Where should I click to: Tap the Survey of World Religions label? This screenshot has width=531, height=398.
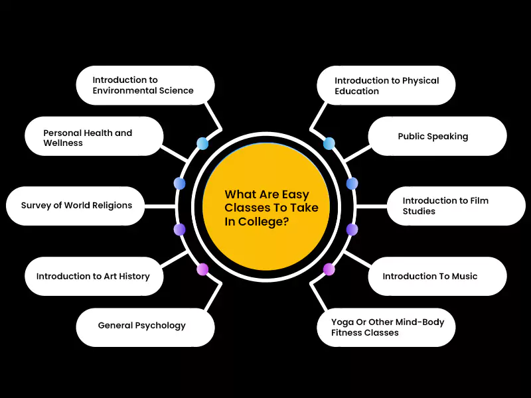(x=76, y=205)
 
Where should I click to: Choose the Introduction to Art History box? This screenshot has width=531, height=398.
(x=94, y=276)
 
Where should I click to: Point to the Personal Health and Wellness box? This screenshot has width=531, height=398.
(x=94, y=137)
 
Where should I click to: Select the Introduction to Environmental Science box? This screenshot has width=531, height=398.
(x=145, y=85)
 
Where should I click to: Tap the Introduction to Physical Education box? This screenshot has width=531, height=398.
(x=386, y=85)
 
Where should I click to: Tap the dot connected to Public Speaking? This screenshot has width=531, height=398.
(x=352, y=183)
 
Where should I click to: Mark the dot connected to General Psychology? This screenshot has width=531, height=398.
(x=202, y=269)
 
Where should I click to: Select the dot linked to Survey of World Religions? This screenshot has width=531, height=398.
(x=179, y=230)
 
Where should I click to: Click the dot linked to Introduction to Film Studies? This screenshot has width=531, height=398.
(x=352, y=230)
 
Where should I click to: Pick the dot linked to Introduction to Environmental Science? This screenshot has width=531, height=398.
(x=202, y=143)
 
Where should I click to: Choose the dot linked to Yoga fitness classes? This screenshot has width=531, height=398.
(x=329, y=269)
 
